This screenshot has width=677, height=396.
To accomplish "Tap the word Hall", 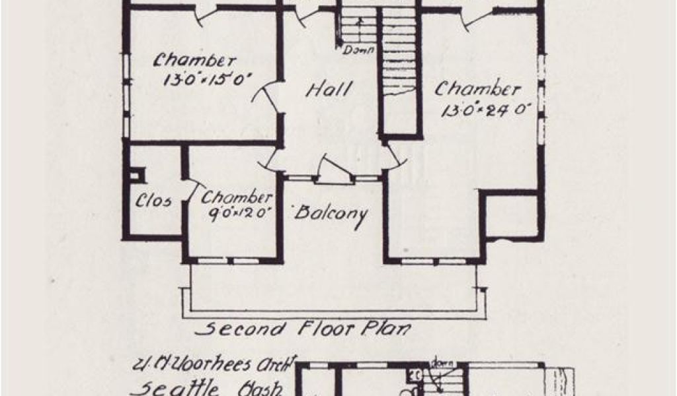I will coord(329,90).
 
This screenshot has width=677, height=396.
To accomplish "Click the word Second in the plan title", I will coord(240,328).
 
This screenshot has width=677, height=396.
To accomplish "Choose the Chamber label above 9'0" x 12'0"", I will coord(237,197).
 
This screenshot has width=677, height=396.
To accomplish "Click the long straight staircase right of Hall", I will coord(399,66).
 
